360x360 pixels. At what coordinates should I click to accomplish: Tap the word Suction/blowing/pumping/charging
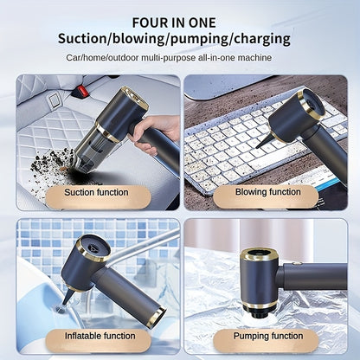(x=181, y=39)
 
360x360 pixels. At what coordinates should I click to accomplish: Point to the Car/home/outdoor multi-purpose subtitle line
(x=181, y=58)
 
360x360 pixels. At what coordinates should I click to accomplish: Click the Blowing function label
(x=268, y=192)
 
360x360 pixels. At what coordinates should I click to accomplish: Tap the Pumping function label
(x=268, y=335)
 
